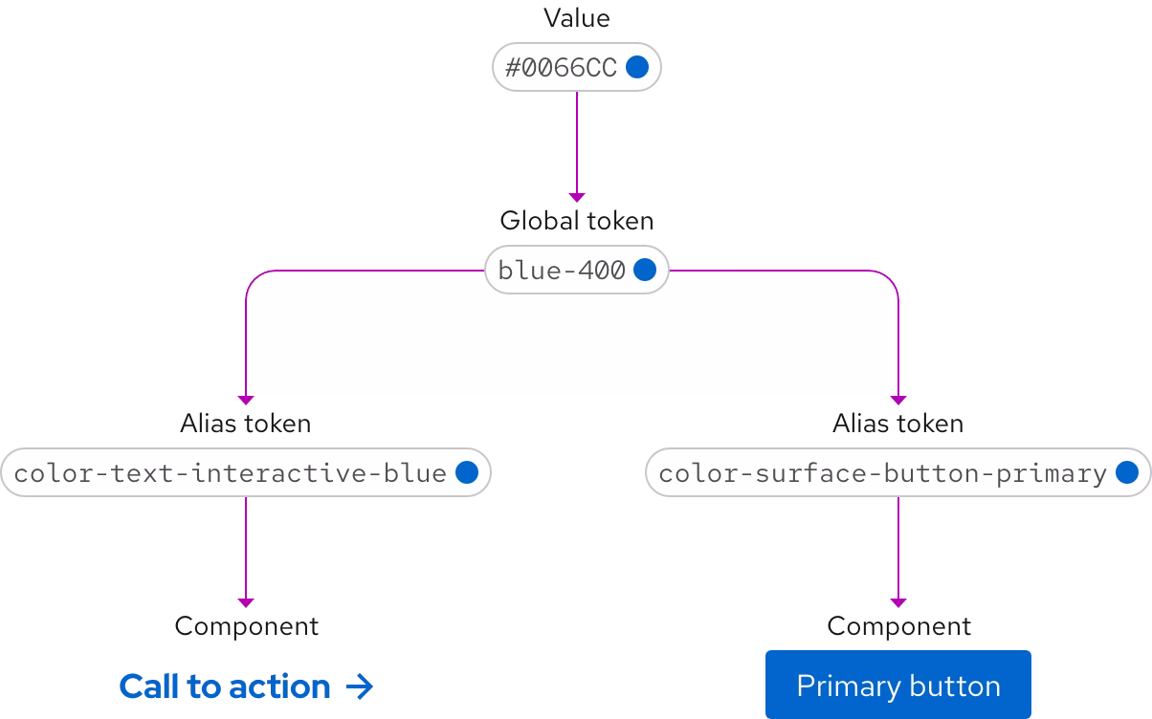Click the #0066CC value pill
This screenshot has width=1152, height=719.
pyautogui.click(x=575, y=67)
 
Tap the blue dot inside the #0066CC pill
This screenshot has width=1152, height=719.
pyautogui.click(x=637, y=67)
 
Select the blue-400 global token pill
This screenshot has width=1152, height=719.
pyautogui.click(x=575, y=271)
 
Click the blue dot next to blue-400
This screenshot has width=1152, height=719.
pyautogui.click(x=645, y=271)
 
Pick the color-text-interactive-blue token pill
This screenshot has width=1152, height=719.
pyautogui.click(x=245, y=473)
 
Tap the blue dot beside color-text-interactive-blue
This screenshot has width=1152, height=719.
pyautogui.click(x=467, y=473)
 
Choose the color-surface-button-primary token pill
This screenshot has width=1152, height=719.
pyautogui.click(x=897, y=473)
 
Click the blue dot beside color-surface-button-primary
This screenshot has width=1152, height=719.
pyautogui.click(x=1127, y=473)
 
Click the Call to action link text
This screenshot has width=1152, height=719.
pyautogui.click(x=225, y=686)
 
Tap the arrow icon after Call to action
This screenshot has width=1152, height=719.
pyautogui.click(x=359, y=686)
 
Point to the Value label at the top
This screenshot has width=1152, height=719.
pyautogui.click(x=576, y=18)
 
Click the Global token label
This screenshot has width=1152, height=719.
pyautogui.click(x=576, y=221)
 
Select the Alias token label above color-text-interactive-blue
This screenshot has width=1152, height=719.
pyautogui.click(x=245, y=424)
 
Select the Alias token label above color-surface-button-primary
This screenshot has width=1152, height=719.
pyautogui.click(x=897, y=424)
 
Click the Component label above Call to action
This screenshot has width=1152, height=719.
pyautogui.click(x=246, y=626)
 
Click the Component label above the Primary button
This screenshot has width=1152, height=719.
pyautogui.click(x=898, y=626)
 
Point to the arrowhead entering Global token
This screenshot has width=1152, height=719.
pyautogui.click(x=576, y=197)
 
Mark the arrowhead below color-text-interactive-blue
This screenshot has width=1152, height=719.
pyautogui.click(x=246, y=602)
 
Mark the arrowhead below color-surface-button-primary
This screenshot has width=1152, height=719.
pyautogui.click(x=897, y=602)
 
